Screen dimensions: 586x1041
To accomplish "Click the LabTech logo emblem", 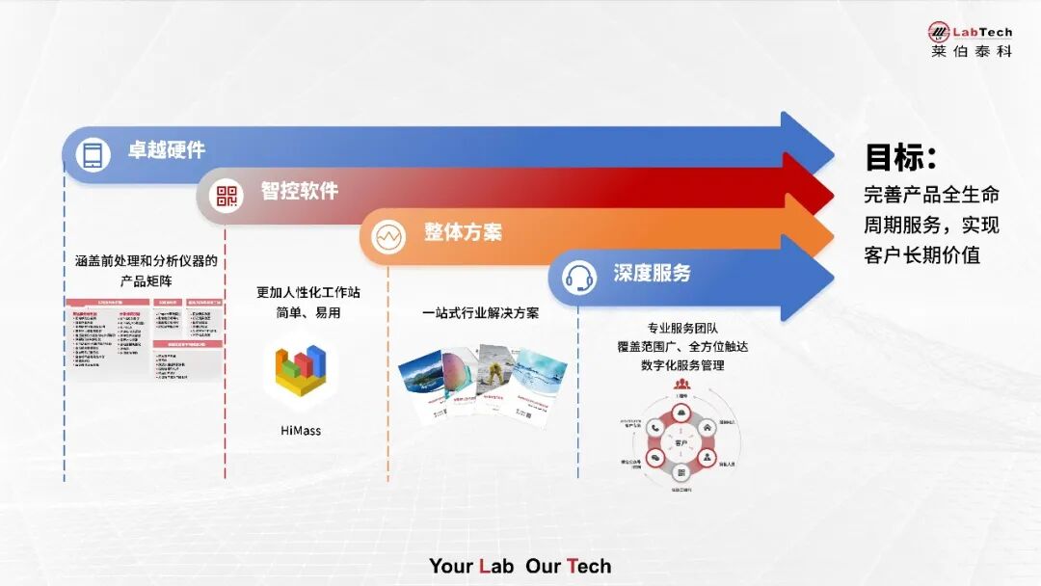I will pyautogui.click(x=938, y=31).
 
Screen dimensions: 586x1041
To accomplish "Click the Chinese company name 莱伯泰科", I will pyautogui.click(x=971, y=51).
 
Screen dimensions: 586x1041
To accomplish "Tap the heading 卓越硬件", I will pyautogui.click(x=167, y=150).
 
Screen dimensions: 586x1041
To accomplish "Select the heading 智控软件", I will pyautogui.click(x=299, y=191).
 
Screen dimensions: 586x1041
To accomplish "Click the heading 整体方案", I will pyautogui.click(x=463, y=232).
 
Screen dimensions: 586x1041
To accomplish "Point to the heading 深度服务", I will pyautogui.click(x=652, y=273).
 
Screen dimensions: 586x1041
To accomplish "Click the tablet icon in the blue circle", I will pyautogui.click(x=93, y=154).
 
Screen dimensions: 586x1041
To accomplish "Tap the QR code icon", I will pyautogui.click(x=227, y=196).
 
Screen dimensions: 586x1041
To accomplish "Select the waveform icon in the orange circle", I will pyautogui.click(x=389, y=236).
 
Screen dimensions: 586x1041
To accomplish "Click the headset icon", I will pyautogui.click(x=578, y=278).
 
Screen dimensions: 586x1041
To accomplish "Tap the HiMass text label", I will pyautogui.click(x=300, y=431).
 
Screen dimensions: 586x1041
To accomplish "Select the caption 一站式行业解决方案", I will pyautogui.click(x=480, y=313).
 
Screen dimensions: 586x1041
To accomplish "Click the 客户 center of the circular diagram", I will pyautogui.click(x=681, y=442).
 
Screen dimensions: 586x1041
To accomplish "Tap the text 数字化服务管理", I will pyautogui.click(x=682, y=365).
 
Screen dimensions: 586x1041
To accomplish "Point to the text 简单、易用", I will pyautogui.click(x=300, y=313).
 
